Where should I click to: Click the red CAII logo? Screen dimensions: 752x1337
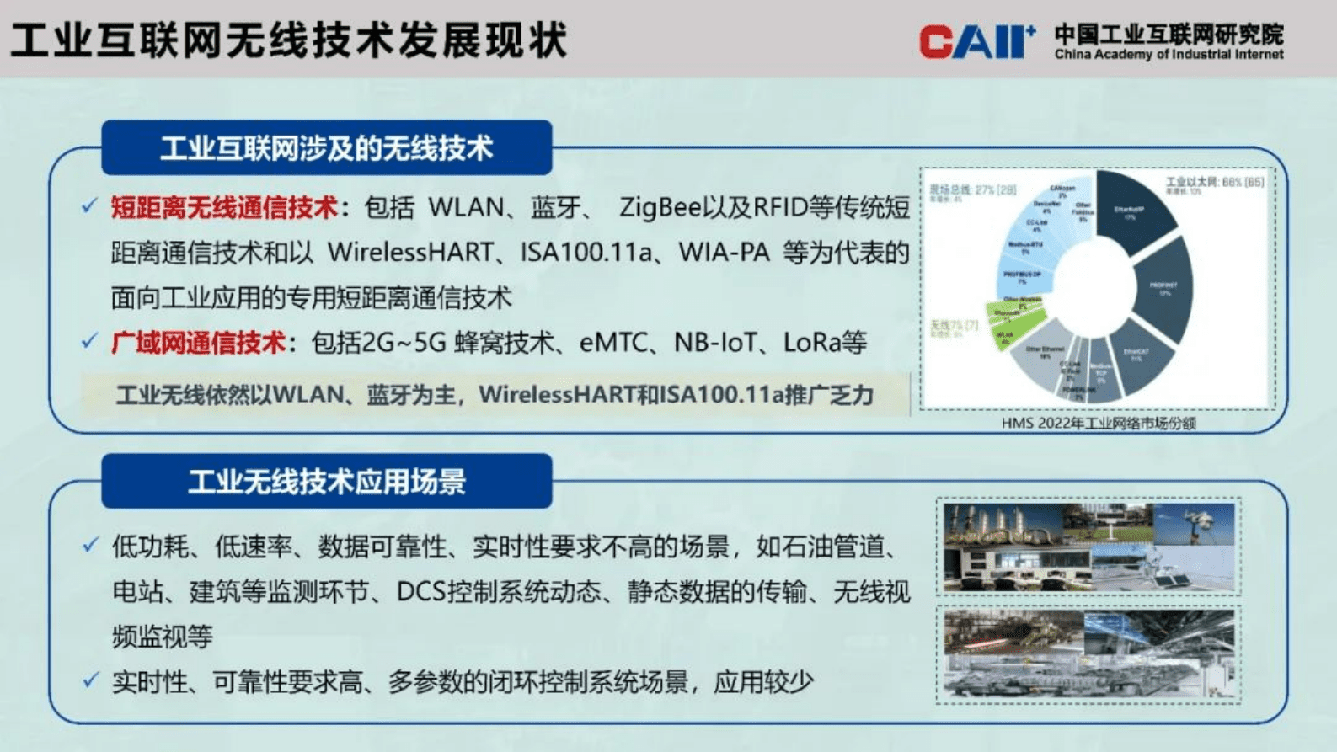click(976, 41)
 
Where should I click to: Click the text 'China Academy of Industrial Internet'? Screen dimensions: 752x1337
click(1169, 55)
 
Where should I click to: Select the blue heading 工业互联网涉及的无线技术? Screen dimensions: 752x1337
click(326, 148)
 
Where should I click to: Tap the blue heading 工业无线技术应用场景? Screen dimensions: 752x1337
click(326, 482)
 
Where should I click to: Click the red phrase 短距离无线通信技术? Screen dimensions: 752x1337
click(224, 208)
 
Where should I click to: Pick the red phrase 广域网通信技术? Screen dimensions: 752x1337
click(198, 343)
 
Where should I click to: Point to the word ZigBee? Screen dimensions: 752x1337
click(660, 208)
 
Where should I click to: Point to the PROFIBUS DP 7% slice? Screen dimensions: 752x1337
click(1024, 277)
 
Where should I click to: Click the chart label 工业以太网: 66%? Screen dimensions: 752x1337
click(1213, 182)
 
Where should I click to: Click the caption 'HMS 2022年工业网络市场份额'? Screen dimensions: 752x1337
click(1098, 423)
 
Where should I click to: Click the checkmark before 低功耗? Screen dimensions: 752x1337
click(90, 546)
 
